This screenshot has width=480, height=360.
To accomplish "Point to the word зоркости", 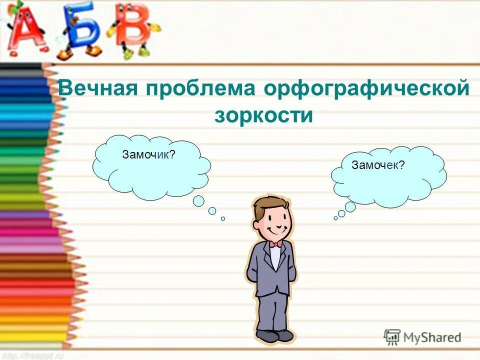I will [x=263, y=116].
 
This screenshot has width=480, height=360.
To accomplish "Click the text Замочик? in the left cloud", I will [x=148, y=155].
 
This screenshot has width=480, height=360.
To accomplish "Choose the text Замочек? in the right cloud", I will [x=378, y=165].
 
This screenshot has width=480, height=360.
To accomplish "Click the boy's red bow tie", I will [x=275, y=244].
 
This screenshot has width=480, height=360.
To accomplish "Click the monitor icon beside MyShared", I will [x=392, y=337].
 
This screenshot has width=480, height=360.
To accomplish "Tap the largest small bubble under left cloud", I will [x=198, y=201].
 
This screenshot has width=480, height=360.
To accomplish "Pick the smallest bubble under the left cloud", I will [x=223, y=218].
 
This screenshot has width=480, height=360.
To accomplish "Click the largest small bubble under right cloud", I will [x=350, y=207].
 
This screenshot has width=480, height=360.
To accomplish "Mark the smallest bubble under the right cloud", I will [x=335, y=218].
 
